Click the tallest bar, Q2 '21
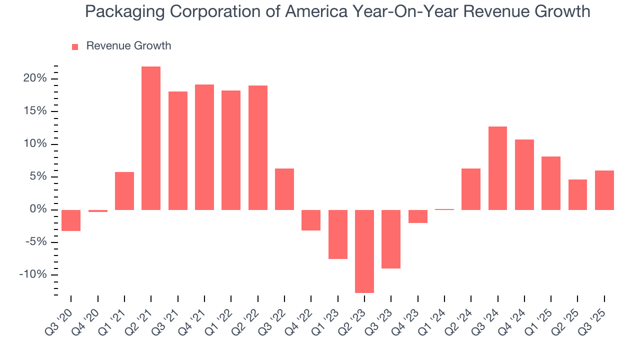pos(151,138)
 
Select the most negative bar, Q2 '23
pos(364,251)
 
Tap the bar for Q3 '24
pos(497,168)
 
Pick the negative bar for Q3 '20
pos(71,220)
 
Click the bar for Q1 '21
pos(124,190)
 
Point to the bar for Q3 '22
pos(284,189)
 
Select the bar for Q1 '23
pos(337,234)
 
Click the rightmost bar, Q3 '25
pos(604,190)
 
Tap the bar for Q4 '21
pos(204,147)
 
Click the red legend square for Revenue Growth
pos(75,47)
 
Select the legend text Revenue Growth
pos(128,46)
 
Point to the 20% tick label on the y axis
pos(34,78)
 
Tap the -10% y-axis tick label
pos(33,274)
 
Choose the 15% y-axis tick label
pos(34,111)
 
